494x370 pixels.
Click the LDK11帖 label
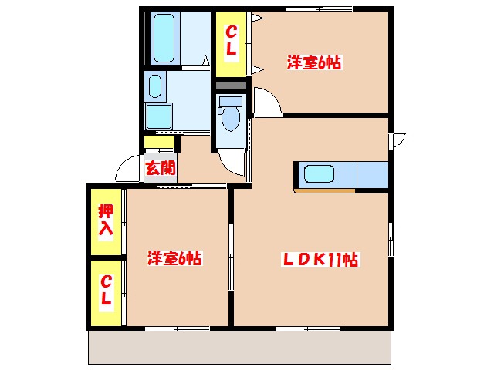(317, 261)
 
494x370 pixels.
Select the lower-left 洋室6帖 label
(174, 260)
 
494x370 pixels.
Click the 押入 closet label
(106, 220)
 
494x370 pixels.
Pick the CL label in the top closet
(230, 40)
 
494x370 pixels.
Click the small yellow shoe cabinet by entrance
(160, 142)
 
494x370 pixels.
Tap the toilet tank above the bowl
(230, 101)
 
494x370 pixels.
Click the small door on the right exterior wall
(397, 141)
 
